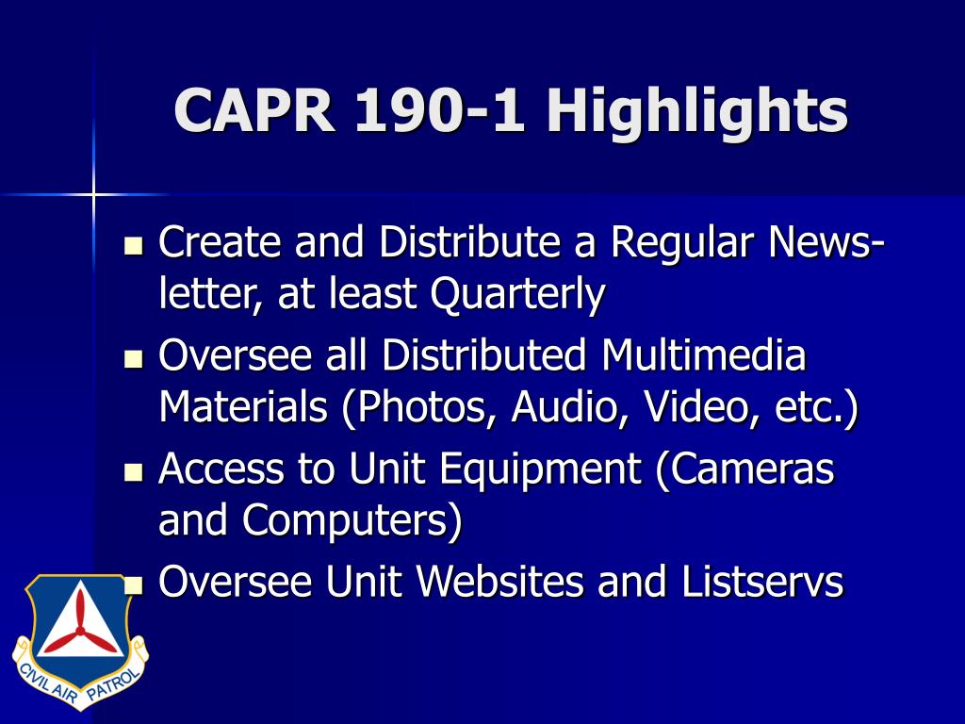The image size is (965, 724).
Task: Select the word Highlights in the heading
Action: (x=697, y=111)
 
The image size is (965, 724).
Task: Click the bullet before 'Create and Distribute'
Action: (x=133, y=245)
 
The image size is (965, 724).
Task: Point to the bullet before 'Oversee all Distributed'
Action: (x=133, y=358)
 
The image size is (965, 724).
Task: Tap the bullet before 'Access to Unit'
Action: (x=133, y=471)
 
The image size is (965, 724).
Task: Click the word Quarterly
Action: (x=517, y=294)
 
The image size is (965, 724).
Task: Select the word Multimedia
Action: (x=703, y=355)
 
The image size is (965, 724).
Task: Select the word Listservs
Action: (x=761, y=581)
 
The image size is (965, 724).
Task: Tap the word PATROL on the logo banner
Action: (x=113, y=684)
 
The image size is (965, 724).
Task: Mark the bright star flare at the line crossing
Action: (x=93, y=195)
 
